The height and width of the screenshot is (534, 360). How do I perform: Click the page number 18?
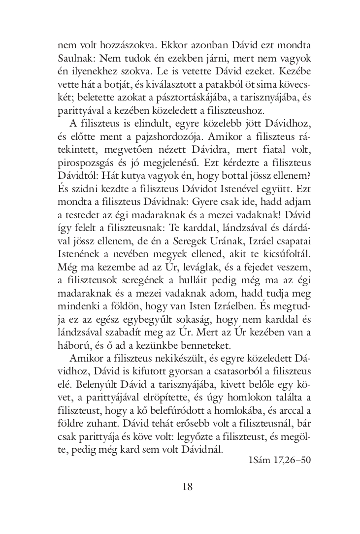point(187,487)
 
